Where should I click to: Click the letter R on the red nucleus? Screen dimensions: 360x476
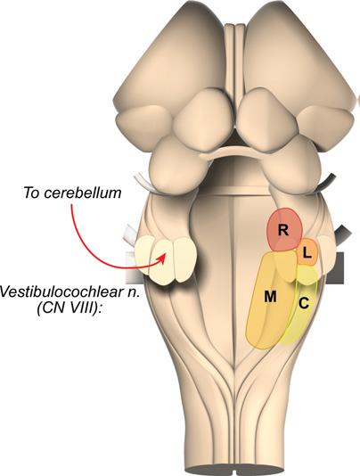pyautogui.click(x=282, y=230)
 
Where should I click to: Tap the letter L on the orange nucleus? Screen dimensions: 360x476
pyautogui.click(x=307, y=254)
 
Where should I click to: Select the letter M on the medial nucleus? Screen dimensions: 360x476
pyautogui.click(x=270, y=297)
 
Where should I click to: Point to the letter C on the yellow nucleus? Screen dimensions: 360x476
pyautogui.click(x=304, y=303)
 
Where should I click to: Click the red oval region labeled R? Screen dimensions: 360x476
pyautogui.click(x=285, y=229)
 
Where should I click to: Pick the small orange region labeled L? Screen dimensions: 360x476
pyautogui.click(x=307, y=252)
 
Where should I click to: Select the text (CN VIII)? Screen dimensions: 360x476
pyautogui.click(x=70, y=309)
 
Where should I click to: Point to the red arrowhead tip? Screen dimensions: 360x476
pyautogui.click(x=166, y=254)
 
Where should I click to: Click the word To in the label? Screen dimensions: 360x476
pyautogui.click(x=31, y=193)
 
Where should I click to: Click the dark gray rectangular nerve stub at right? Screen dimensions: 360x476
pyautogui.click(x=334, y=267)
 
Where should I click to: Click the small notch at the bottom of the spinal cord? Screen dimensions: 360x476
pyautogui.click(x=236, y=472)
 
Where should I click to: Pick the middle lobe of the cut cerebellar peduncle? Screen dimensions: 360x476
pyautogui.click(x=162, y=261)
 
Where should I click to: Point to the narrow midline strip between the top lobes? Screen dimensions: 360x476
pyautogui.click(x=234, y=58)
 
